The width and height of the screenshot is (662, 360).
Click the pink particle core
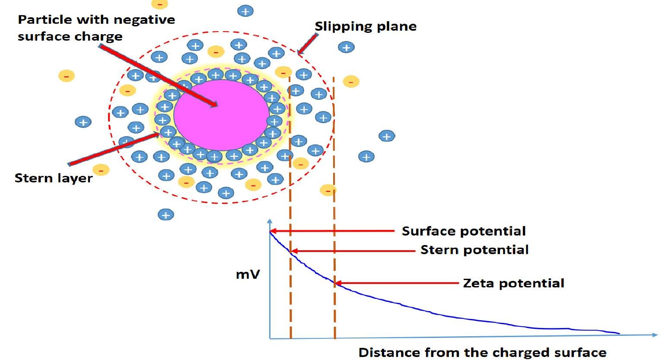(221, 115)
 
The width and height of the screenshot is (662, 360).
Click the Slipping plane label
(366, 26)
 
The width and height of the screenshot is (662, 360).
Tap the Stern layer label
(54, 178)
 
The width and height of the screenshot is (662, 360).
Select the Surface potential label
(464, 231)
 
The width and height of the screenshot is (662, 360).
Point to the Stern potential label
(474, 250)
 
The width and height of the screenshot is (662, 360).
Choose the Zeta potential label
(513, 283)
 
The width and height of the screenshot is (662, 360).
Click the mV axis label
(248, 274)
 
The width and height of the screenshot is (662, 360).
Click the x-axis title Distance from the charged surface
(483, 352)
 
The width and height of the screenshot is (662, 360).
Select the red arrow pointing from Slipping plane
(307, 44)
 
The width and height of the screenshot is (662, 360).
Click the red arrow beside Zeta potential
(397, 284)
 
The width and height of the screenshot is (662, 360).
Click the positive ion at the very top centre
(245, 11)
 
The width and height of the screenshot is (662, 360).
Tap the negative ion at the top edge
(159, 4)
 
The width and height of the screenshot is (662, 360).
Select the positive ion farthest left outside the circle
(83, 122)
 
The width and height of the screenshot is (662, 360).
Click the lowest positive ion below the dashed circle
(166, 214)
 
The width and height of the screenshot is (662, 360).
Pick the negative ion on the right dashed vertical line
(328, 190)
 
